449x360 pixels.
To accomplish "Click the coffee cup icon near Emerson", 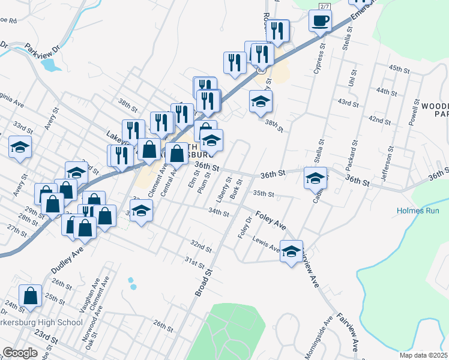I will coord(320,21).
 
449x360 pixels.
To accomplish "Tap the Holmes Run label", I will coord(422,211).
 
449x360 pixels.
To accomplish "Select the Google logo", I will coord(20,353).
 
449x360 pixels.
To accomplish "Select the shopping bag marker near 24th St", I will coord(30,296).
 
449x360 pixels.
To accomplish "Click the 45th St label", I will coord(399,70).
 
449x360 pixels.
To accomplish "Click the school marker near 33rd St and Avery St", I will coord(20,148).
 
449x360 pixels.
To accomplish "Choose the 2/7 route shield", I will coord(325,6).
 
